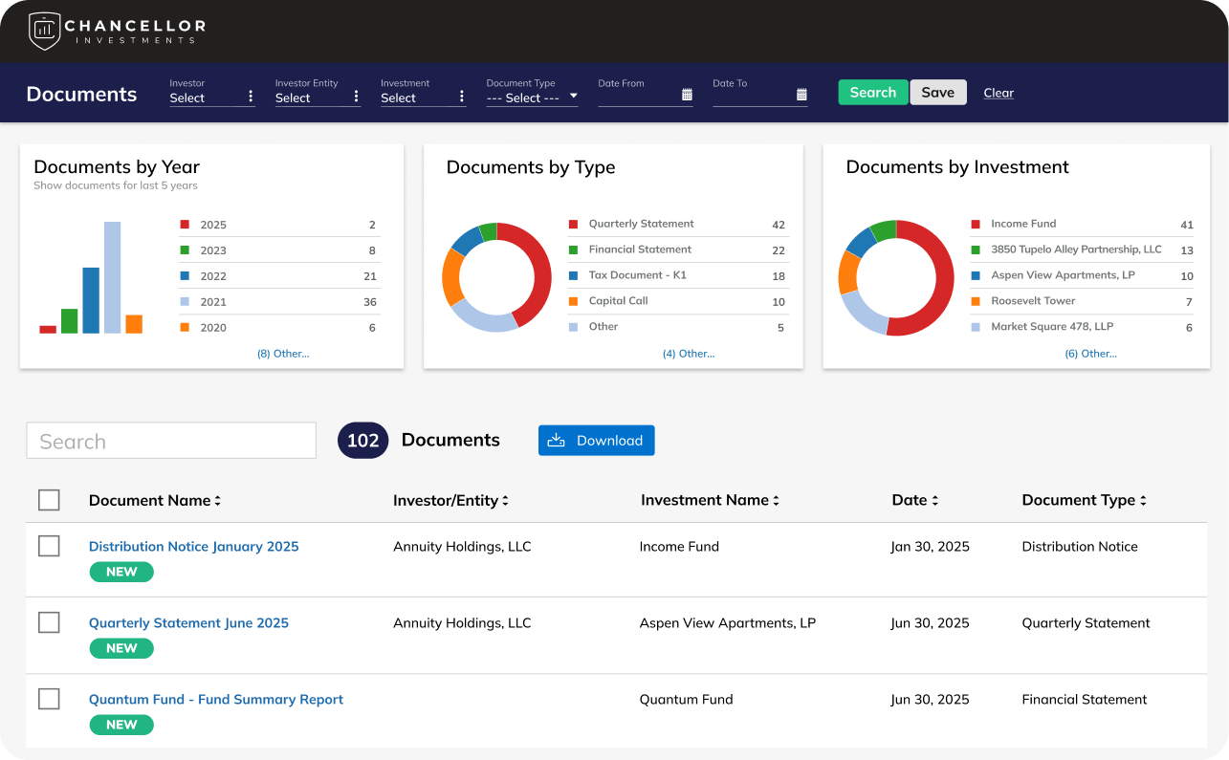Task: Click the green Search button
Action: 873,92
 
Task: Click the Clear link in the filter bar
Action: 999,93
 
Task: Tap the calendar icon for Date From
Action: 687,95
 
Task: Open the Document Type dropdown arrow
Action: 573,96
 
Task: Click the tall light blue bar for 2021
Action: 113,277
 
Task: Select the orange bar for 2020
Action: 134,324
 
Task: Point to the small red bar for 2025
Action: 48,330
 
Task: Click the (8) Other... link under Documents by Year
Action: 283,354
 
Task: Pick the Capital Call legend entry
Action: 619,300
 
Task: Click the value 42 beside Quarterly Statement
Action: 778,225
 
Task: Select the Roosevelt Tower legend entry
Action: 1033,300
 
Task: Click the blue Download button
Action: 597,441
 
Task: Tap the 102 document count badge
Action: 362,441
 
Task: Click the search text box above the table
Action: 171,441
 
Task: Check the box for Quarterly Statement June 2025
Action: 49,622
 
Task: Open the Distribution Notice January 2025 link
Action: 194,546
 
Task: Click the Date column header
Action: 914,500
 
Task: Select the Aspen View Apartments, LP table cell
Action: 728,623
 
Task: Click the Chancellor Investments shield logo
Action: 44,32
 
